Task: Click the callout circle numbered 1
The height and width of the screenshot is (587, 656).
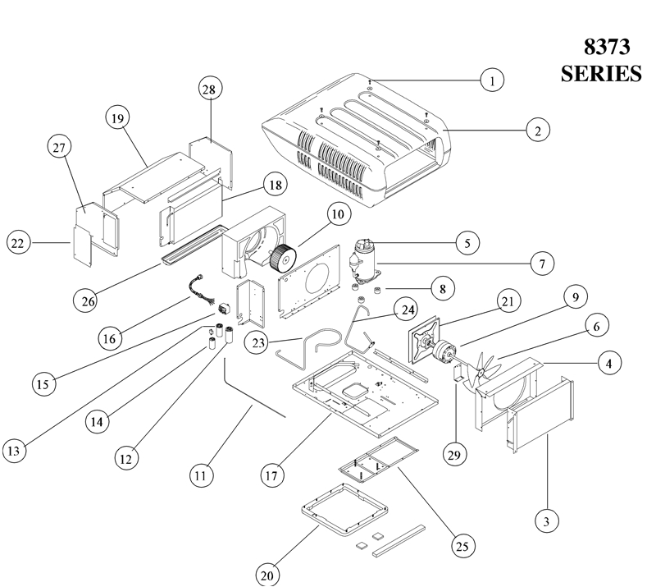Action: click(491, 80)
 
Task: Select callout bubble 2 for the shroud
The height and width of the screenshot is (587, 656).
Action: click(537, 130)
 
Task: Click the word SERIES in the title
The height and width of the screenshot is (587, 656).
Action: click(600, 72)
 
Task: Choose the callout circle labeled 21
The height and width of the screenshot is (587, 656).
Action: click(507, 301)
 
